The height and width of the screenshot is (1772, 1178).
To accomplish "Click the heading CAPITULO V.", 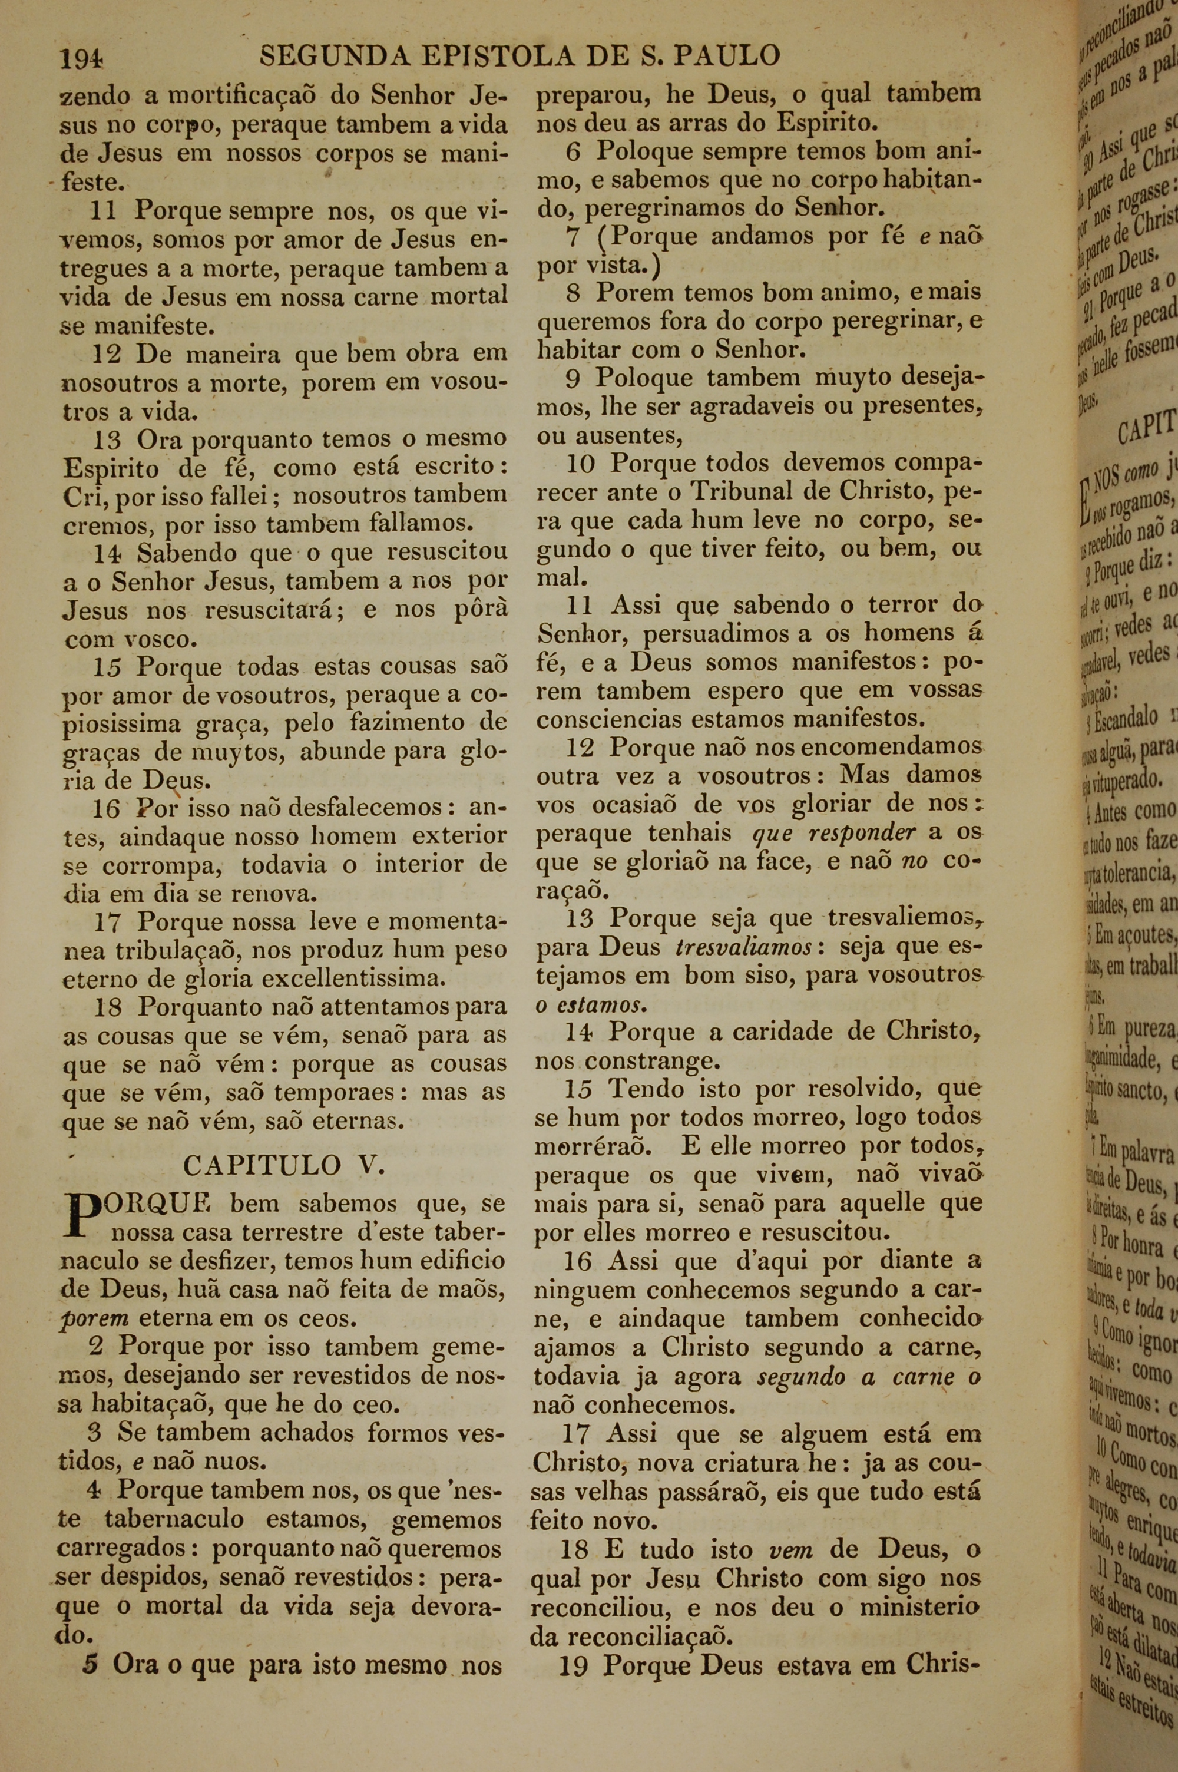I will (284, 1165).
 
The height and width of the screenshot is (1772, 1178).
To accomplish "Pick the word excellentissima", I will (353, 978).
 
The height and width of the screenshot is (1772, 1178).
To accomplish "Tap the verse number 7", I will (574, 237).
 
